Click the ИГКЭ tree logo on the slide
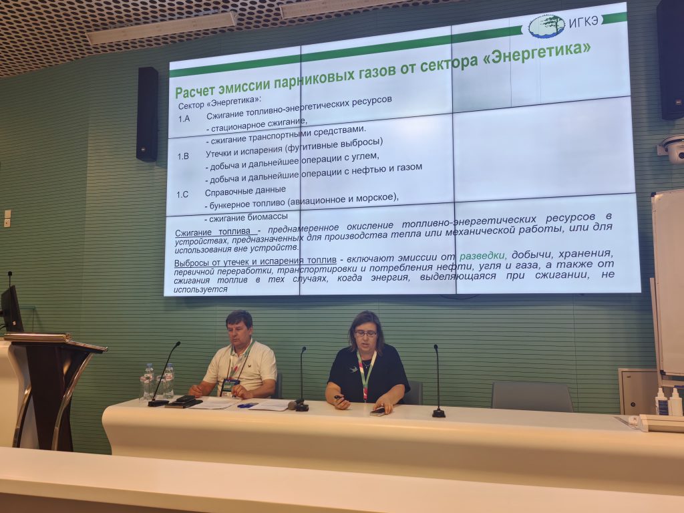tap(547, 26)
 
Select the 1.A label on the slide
tap(184, 118)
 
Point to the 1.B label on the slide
tap(183, 156)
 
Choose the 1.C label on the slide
tap(182, 194)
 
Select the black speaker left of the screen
tap(147, 114)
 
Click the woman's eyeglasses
tap(365, 334)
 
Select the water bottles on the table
tap(157, 381)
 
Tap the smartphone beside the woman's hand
tap(378, 411)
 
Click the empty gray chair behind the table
tap(532, 396)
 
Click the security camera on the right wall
tap(672, 149)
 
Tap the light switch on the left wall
tap(7, 218)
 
